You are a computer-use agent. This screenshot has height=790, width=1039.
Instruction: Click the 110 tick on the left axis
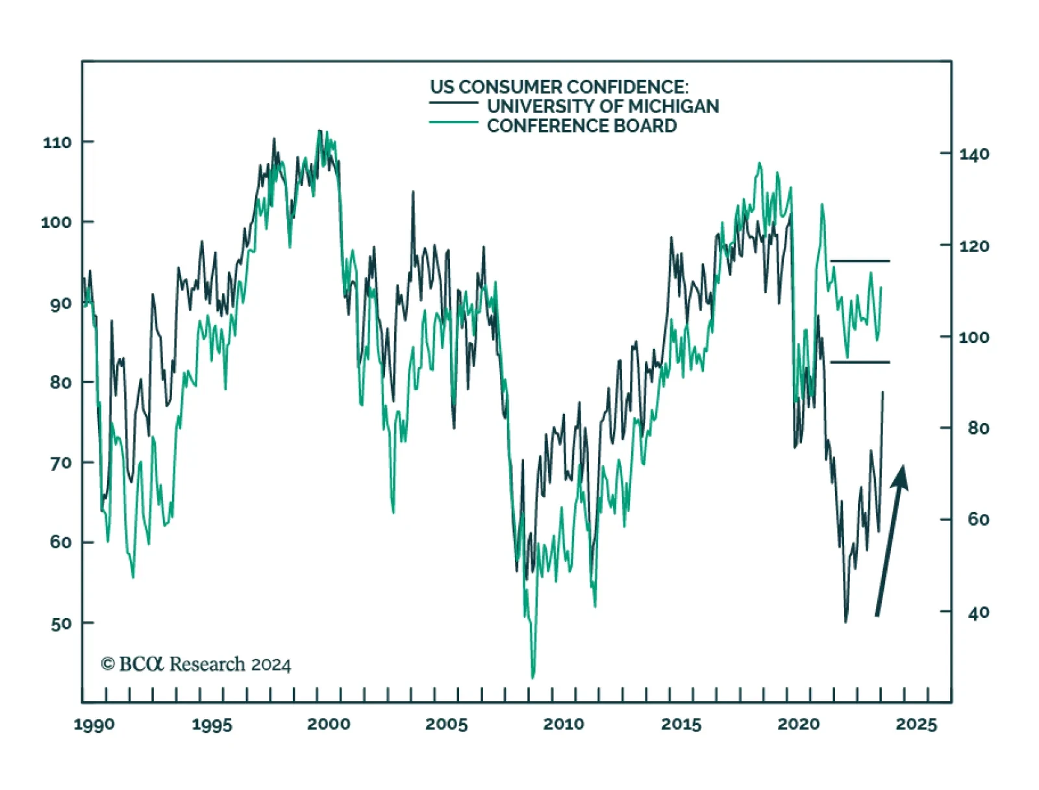56,142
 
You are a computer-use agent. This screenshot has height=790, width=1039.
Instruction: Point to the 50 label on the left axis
61,624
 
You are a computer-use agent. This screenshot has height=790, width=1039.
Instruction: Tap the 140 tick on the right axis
974,155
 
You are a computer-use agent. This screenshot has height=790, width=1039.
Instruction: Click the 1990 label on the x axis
94,724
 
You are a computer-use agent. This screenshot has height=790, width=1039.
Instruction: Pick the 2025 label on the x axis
916,724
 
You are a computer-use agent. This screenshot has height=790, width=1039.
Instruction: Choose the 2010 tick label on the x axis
564,724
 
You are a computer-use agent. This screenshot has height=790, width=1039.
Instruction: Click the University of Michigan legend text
603,107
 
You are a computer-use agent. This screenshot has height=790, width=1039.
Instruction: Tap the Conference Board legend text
582,126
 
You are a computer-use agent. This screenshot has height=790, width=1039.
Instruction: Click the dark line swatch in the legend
453,103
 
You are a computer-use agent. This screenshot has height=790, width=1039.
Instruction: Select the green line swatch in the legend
453,122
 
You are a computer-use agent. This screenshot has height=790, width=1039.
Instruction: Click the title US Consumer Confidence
558,87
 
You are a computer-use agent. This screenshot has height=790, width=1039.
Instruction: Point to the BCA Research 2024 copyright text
195,664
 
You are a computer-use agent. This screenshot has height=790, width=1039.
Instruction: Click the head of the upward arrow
901,476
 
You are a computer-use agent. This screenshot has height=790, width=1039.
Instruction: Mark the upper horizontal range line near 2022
860,261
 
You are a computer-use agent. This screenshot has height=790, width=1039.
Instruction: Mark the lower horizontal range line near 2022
860,362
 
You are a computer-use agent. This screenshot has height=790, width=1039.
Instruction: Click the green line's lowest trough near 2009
532,677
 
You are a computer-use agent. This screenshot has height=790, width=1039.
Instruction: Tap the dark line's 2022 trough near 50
845,621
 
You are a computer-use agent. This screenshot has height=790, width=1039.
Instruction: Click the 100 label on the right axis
974,337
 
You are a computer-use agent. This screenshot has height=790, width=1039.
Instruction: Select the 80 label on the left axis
61,383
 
